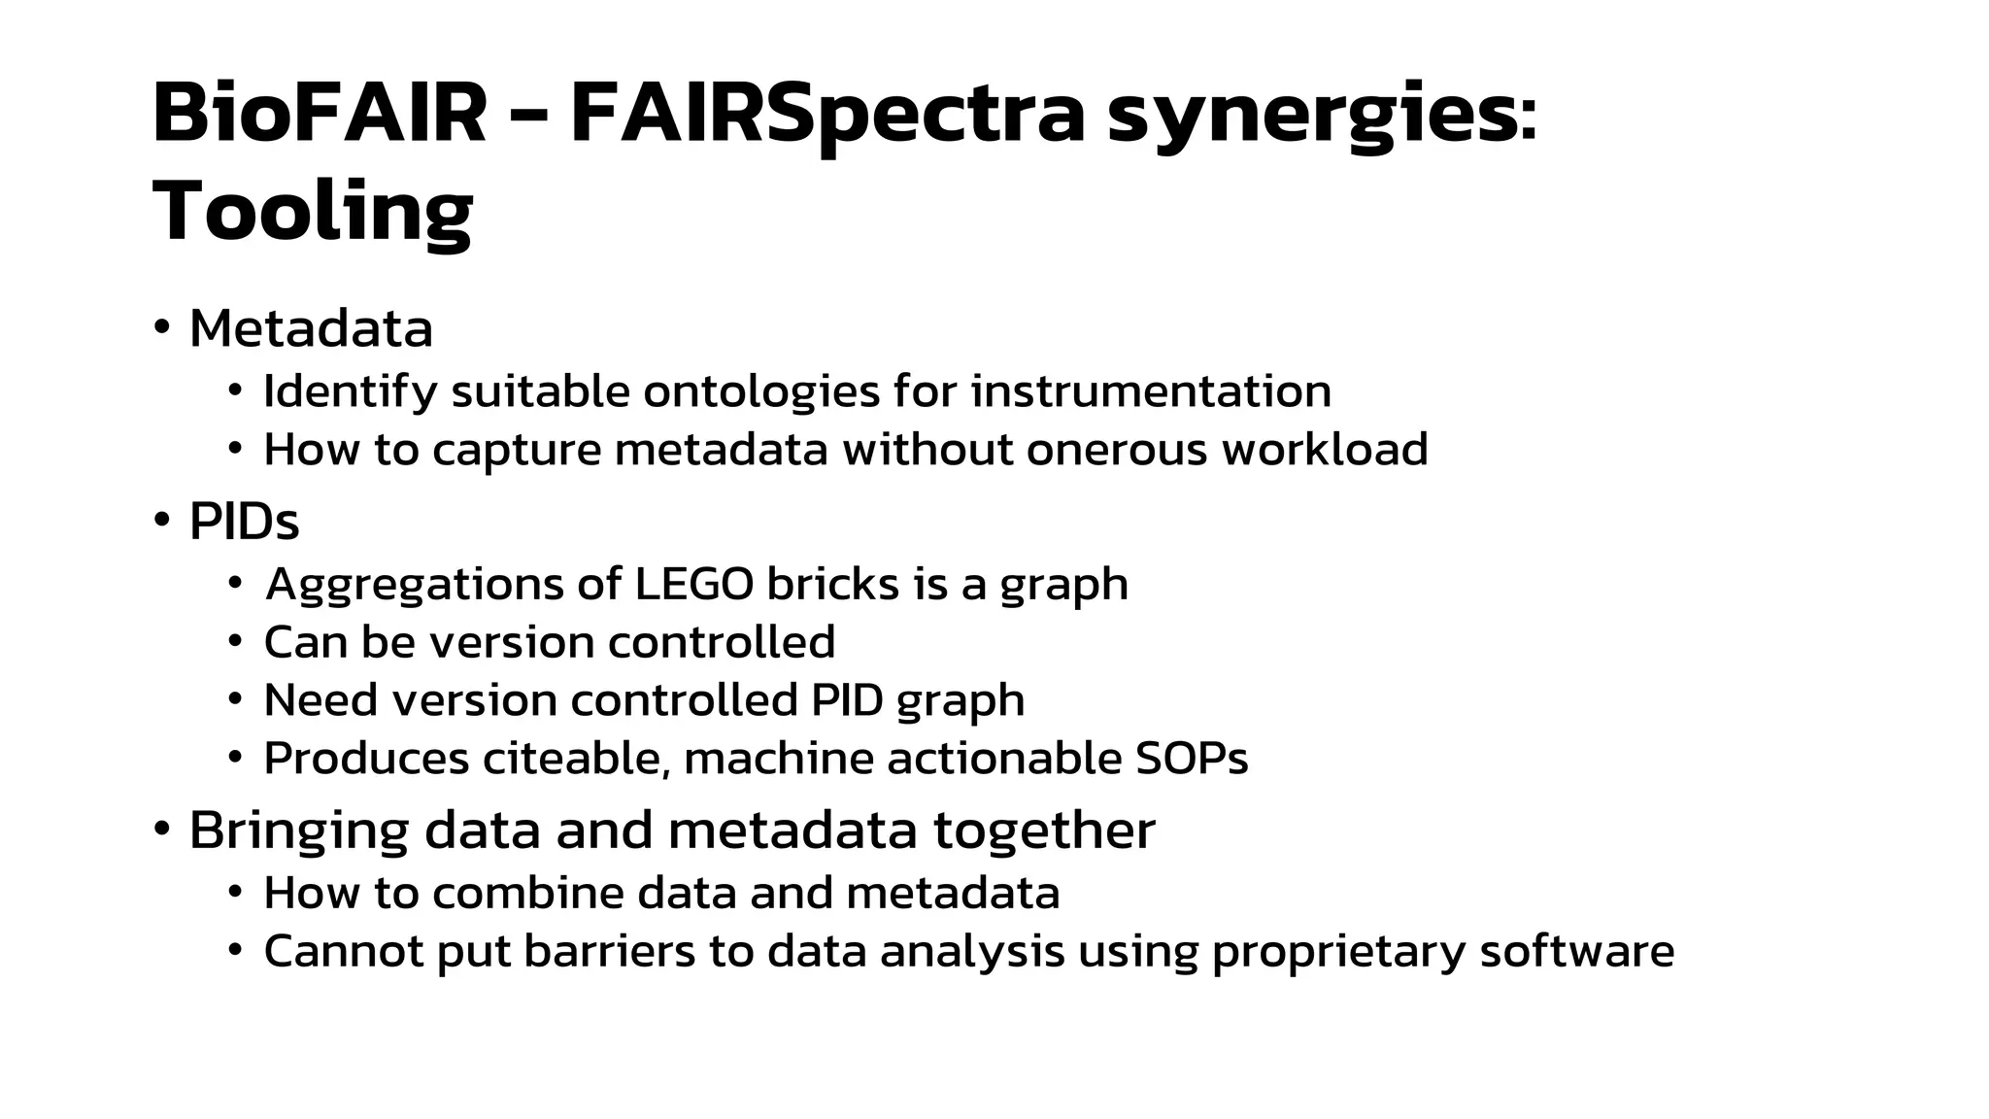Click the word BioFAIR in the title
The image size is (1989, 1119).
tap(319, 114)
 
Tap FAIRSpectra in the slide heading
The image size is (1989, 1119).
tap(826, 114)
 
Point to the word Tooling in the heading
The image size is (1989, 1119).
tap(313, 212)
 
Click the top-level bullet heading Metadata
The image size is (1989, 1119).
tap(311, 328)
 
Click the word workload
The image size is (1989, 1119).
tap(1325, 450)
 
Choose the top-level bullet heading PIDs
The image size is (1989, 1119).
tap(244, 522)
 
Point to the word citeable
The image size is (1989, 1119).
tap(576, 759)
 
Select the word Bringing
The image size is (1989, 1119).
tap(298, 831)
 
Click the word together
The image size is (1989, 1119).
tap(1044, 831)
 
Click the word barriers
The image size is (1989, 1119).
tap(609, 951)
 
